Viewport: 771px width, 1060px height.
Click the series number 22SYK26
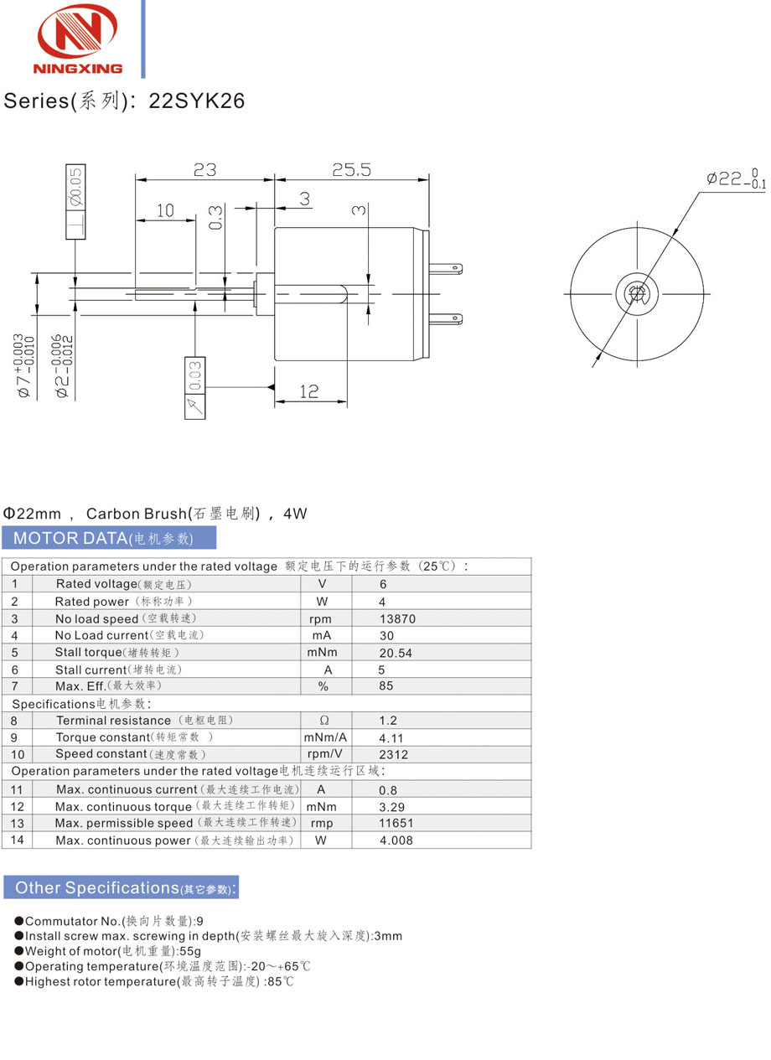[x=197, y=101]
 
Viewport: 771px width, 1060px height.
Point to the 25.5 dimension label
[x=351, y=169]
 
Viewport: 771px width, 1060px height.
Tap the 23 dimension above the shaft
[x=204, y=169]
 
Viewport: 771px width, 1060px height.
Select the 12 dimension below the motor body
[x=309, y=390]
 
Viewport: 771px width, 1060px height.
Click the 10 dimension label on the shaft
[x=165, y=210]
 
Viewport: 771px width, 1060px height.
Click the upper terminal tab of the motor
[x=445, y=270]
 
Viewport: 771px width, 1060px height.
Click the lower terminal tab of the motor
[x=445, y=318]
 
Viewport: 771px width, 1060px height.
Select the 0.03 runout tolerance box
[x=194, y=376]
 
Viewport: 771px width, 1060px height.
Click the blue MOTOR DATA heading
[x=109, y=538]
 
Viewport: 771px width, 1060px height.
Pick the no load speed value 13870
[x=397, y=619]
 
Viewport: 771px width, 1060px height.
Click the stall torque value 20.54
[x=396, y=653]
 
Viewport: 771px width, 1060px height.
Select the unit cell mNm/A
[x=325, y=737]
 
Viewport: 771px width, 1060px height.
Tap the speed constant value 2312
[x=394, y=754]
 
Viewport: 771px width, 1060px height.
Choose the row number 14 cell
[x=18, y=840]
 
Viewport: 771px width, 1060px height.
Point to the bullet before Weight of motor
[x=18, y=951]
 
